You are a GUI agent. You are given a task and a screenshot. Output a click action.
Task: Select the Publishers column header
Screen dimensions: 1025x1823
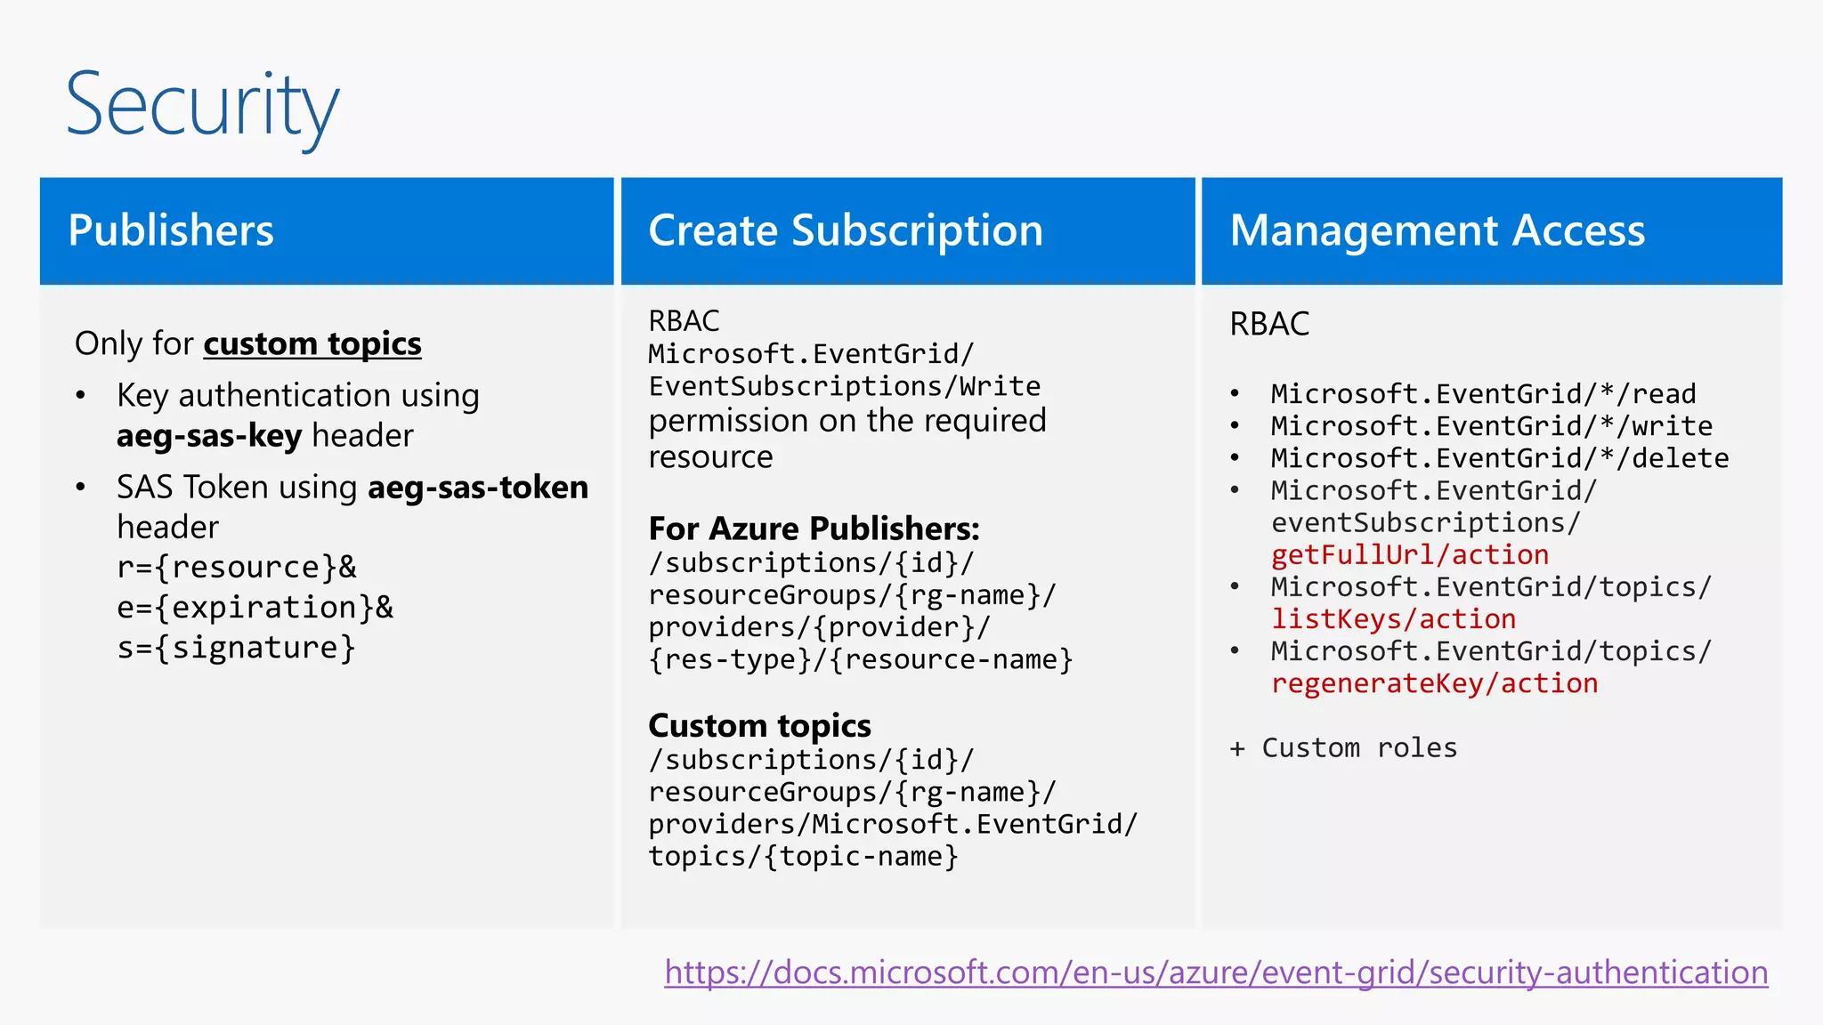click(171, 230)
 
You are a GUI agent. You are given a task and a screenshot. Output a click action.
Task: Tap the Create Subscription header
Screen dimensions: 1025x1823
click(845, 230)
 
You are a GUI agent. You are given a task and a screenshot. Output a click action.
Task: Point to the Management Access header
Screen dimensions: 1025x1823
click(1437, 230)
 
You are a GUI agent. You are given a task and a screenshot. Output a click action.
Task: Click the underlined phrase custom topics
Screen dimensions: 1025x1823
click(312, 343)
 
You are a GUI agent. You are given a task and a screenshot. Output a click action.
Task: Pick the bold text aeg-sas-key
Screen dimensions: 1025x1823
click(209, 436)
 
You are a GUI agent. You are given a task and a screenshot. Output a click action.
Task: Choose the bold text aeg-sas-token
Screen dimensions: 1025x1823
click(478, 488)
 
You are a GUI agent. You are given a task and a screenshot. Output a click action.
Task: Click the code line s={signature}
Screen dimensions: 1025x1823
click(236, 648)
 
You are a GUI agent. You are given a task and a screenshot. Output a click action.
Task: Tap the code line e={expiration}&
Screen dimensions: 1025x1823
click(255, 608)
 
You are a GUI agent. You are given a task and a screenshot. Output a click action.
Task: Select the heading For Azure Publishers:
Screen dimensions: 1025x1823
click(814, 529)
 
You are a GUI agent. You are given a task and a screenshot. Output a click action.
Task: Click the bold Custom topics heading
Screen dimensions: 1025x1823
click(759, 726)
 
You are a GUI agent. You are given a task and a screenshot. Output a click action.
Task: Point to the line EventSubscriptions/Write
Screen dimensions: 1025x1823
click(844, 386)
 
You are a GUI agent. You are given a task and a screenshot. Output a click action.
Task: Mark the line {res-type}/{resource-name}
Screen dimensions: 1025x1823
click(860, 660)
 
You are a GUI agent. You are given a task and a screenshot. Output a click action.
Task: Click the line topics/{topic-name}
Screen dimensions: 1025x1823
click(803, 857)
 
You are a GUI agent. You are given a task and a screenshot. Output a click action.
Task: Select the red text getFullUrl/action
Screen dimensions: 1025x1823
click(1409, 555)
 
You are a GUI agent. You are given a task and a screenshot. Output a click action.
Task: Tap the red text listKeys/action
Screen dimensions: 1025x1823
click(1393, 619)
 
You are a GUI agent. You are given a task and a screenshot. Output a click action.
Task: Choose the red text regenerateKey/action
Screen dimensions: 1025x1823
click(1434, 683)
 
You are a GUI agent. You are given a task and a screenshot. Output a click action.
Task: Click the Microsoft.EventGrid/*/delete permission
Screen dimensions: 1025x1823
click(1499, 458)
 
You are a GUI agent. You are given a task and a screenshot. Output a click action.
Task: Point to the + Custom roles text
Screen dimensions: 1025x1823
click(1343, 748)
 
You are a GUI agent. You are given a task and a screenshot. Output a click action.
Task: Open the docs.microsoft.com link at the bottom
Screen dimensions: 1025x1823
click(1216, 973)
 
